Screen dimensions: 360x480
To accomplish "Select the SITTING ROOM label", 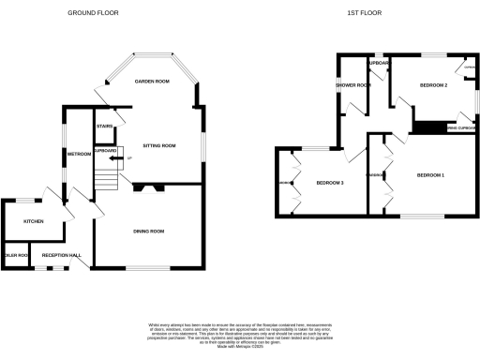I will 158,146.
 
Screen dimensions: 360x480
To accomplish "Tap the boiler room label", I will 16,254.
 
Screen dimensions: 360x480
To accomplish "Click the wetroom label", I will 78,154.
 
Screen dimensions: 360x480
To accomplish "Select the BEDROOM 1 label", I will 430,175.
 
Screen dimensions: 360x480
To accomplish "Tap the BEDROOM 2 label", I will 432,86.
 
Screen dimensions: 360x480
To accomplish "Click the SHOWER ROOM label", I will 352,86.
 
